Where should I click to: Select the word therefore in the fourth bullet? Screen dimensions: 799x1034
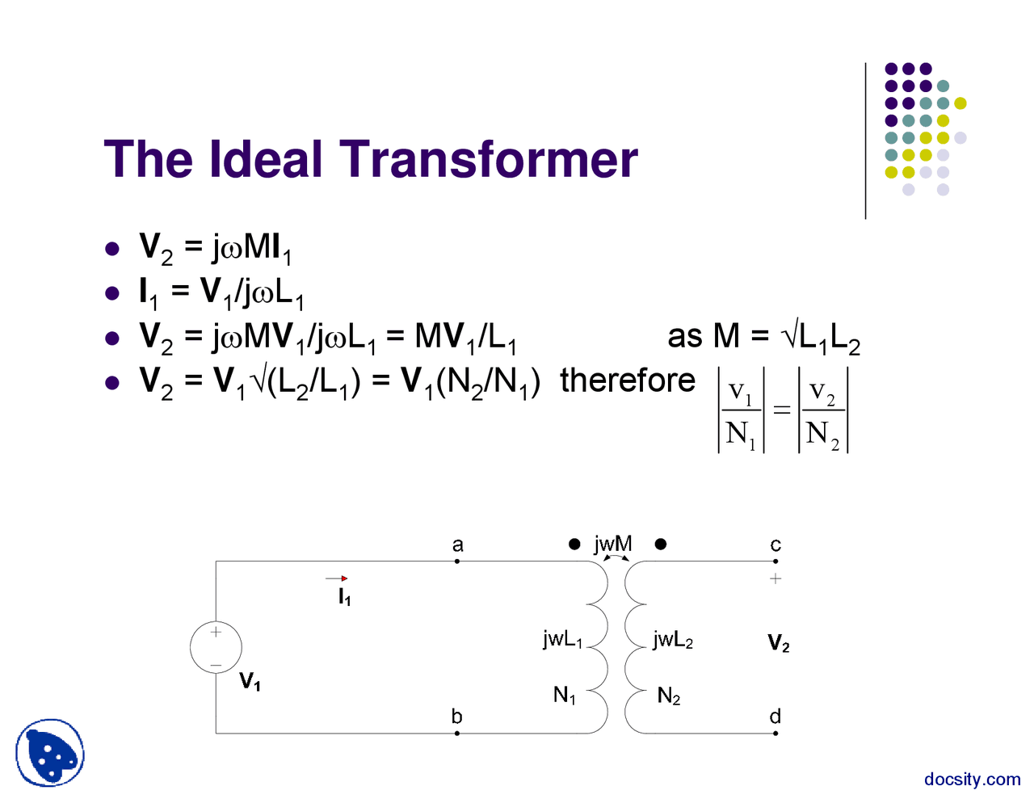click(x=628, y=380)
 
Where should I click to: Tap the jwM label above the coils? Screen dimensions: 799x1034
click(x=613, y=544)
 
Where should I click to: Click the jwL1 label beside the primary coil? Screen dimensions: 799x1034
click(x=562, y=639)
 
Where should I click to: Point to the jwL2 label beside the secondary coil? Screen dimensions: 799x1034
click(x=673, y=640)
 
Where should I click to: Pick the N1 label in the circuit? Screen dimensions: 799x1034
click(x=565, y=695)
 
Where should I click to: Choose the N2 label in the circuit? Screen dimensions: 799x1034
click(x=669, y=696)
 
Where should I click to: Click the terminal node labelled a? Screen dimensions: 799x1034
click(x=457, y=561)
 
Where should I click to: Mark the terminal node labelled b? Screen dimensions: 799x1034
click(x=457, y=733)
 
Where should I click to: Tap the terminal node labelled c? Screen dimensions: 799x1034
click(x=775, y=561)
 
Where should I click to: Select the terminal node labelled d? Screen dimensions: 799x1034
click(x=775, y=733)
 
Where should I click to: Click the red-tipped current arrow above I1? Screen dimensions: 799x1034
click(x=337, y=578)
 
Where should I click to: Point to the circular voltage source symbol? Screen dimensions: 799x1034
click(x=216, y=647)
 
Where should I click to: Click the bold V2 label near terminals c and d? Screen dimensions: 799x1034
click(x=778, y=643)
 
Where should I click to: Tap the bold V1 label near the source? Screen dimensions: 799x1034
click(x=250, y=683)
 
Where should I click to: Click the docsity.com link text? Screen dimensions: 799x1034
click(x=972, y=780)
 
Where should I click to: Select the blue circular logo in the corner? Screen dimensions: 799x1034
click(x=50, y=753)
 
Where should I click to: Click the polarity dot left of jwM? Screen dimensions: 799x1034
click(x=574, y=545)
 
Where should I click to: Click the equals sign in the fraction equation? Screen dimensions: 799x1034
click(x=781, y=410)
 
